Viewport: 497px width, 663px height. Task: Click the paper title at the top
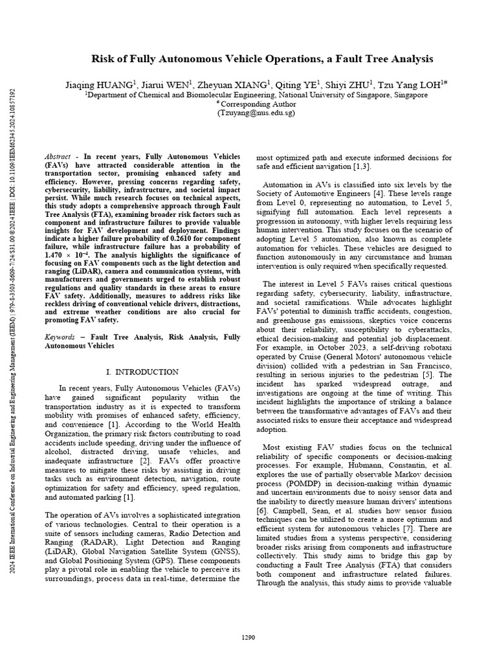pos(262,59)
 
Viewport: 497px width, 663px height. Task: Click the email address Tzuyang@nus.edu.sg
pos(256,112)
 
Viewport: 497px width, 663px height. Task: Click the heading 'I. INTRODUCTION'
pos(142,372)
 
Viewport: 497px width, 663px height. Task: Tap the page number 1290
pos(249,637)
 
